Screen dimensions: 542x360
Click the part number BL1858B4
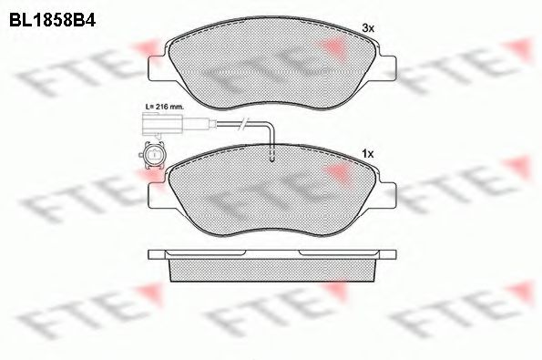[52, 20]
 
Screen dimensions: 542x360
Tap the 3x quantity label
[368, 28]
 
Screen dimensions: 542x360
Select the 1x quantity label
[368, 154]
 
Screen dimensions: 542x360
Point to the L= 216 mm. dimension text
[164, 107]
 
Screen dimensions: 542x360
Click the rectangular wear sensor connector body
[162, 124]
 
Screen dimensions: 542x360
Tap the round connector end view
[151, 155]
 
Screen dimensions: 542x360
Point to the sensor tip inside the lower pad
[271, 155]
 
